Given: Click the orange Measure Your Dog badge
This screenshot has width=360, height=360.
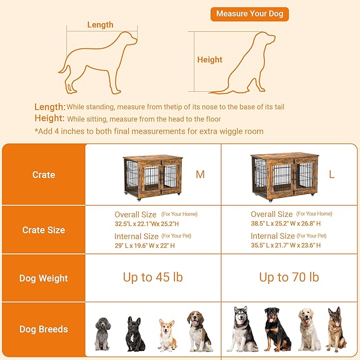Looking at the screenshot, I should pos(249,14).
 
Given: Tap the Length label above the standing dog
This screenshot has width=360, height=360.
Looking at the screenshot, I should pos(100,24).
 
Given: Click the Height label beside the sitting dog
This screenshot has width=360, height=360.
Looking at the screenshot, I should pos(209,60).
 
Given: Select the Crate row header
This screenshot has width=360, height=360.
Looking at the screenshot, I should pos(43,174).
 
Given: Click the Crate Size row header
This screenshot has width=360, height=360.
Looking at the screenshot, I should pos(43,230).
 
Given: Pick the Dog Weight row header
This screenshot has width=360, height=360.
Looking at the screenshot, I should pos(43,278).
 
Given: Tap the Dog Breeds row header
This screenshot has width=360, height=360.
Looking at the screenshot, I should pos(43,329).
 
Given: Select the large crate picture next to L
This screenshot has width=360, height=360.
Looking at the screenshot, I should pos(285,175).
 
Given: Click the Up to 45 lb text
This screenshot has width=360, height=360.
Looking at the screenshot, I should pos(153,277).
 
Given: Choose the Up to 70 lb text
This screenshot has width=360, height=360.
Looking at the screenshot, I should pos(289,277).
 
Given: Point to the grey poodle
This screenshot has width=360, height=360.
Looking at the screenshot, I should pos(102,333).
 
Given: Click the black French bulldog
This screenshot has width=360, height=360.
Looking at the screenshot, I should pos(135,334).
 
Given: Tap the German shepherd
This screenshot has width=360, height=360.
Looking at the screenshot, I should pos(336,329).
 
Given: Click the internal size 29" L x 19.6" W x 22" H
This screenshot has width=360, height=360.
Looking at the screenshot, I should pos(145,245).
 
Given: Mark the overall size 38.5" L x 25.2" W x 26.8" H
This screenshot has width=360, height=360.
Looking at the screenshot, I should pos(286,223).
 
